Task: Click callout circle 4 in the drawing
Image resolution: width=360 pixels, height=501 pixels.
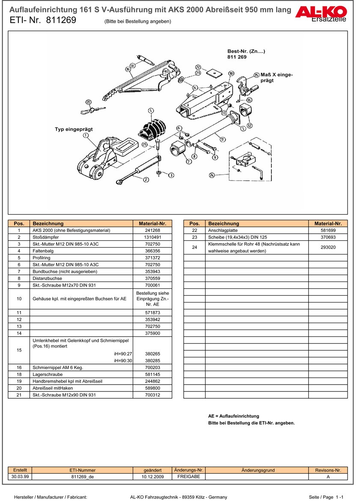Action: (151, 111)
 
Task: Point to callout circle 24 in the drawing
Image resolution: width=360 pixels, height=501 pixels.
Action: (211, 175)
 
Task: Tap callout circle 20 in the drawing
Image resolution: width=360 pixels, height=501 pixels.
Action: (88, 102)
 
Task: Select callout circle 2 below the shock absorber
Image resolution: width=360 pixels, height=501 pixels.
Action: (146, 179)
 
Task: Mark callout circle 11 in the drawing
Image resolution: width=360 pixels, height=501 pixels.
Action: (223, 139)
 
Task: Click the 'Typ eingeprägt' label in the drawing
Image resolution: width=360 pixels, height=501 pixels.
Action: (74, 129)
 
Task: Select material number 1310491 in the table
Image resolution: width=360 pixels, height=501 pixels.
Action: (152, 237)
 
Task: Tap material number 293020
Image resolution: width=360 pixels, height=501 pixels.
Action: (328, 247)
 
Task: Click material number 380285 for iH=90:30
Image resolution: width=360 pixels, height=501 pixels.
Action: (152, 361)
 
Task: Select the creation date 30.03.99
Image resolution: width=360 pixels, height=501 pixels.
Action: (20, 477)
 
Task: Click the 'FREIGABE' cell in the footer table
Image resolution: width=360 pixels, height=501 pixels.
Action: (188, 477)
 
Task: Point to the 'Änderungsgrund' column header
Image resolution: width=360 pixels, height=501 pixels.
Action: (258, 470)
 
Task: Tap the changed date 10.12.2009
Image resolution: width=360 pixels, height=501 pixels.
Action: (153, 477)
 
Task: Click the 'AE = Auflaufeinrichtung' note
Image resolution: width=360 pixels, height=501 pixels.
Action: (233, 416)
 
